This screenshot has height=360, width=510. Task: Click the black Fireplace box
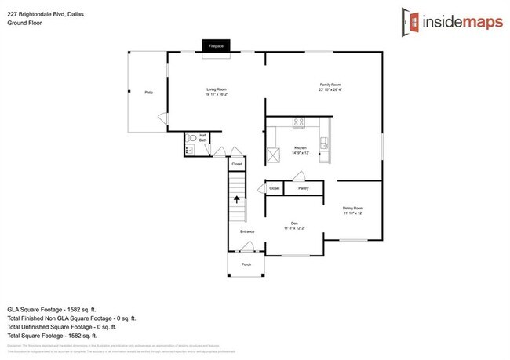pos(215,46)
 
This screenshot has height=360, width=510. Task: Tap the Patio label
pos(148,93)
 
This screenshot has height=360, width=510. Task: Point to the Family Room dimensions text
pos(330,89)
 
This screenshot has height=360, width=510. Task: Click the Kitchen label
pos(300,147)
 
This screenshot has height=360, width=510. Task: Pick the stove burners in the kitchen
pos(298,122)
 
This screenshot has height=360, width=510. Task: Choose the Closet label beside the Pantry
pos(275,188)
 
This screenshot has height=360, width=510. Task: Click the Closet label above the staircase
pos(236,165)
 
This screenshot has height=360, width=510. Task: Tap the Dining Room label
pos(352,208)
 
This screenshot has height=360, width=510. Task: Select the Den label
pos(295,223)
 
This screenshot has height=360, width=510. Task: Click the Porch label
pos(246,264)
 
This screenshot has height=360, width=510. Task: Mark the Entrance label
pos(247,231)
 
